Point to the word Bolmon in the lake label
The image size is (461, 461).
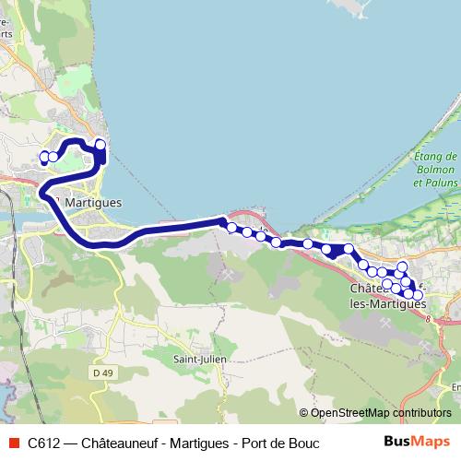pos(436,171)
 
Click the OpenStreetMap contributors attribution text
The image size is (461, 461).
pos(380,412)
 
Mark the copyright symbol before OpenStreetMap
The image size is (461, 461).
pos(303,412)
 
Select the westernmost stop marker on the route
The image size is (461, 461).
pos(43,157)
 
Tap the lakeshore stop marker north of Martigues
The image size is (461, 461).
pos(100,145)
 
